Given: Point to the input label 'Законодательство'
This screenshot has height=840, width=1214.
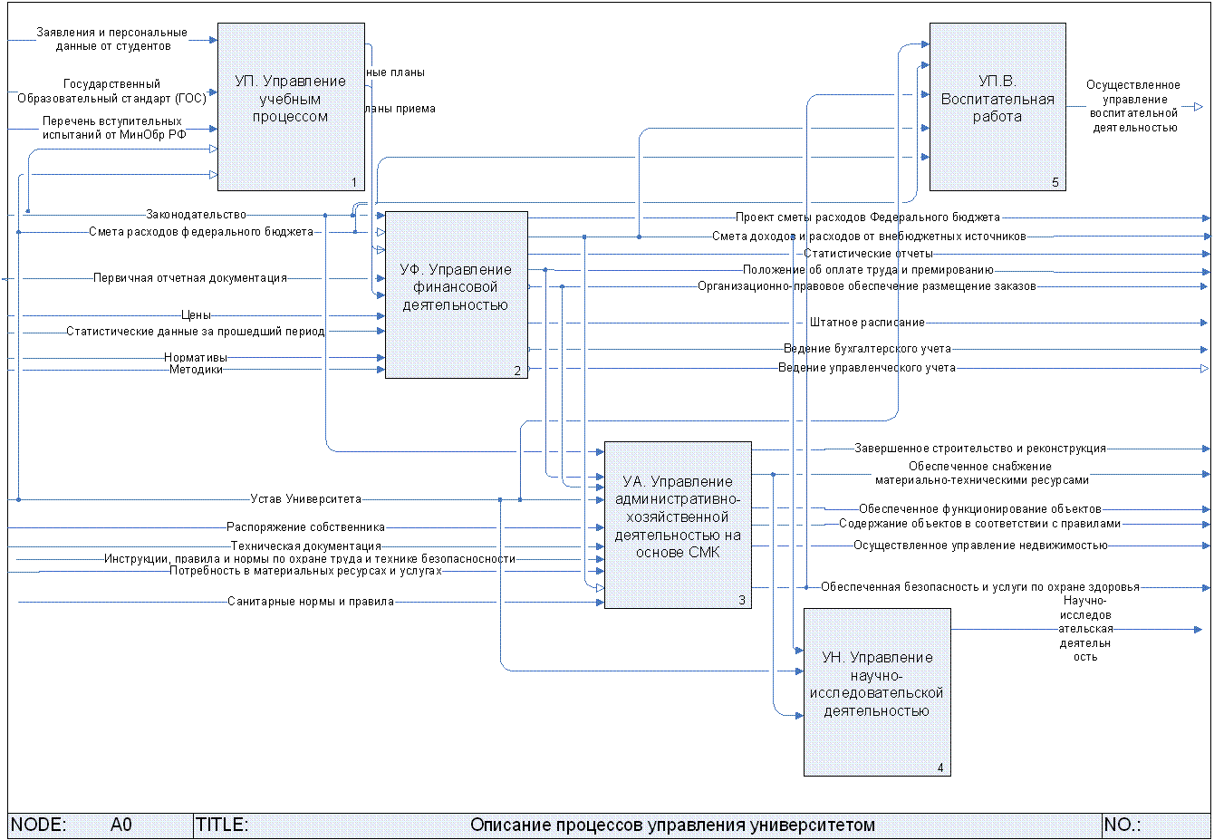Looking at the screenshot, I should [x=196, y=215].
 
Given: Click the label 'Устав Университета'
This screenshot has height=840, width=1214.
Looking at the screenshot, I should [x=305, y=499].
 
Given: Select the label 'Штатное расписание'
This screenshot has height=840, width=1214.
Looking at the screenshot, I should [x=867, y=323].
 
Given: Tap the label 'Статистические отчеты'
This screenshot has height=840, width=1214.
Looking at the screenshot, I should [x=867, y=254].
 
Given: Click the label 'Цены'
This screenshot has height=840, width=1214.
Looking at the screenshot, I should [x=196, y=315].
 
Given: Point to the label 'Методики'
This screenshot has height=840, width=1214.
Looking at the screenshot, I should [x=196, y=370].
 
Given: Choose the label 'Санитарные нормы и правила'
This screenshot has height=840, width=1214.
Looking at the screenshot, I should [x=311, y=602].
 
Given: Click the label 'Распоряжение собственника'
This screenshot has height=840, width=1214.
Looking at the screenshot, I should [x=305, y=527].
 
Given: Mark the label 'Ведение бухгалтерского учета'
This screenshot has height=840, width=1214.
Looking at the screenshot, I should [x=867, y=349].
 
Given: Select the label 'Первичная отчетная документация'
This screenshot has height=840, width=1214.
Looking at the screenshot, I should [x=190, y=278].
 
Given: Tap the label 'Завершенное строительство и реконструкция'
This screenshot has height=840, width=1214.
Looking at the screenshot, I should [x=979, y=449].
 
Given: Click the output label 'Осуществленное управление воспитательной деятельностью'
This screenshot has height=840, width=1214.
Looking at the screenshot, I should [x=1133, y=107].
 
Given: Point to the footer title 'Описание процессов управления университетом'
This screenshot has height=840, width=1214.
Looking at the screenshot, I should [x=672, y=825].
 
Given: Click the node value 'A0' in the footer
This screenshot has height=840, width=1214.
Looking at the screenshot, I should [x=121, y=825].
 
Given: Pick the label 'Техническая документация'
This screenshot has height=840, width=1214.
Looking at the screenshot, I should [x=305, y=546].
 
